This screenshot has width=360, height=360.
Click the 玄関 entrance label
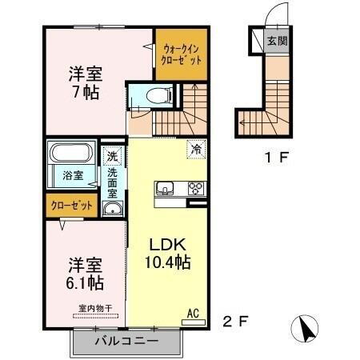pyautogui.click(x=277, y=41)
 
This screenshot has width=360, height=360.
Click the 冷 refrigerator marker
pyautogui.click(x=195, y=148)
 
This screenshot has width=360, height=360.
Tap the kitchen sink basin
pyautogui.click(x=165, y=189)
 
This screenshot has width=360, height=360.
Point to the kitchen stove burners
pyautogui.click(x=194, y=189)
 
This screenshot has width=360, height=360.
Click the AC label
pyautogui.click(x=192, y=313)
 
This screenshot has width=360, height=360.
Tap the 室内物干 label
pyautogui.click(x=95, y=308)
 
